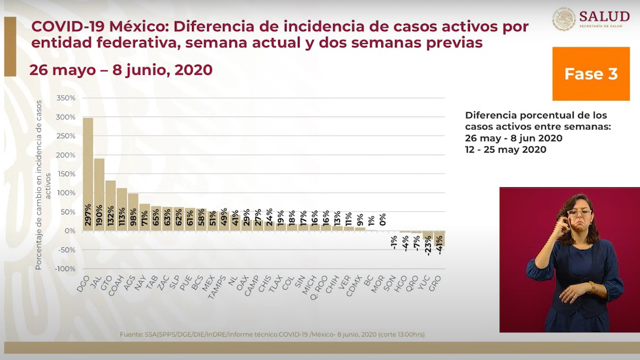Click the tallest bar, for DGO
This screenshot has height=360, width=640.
(x=87, y=172)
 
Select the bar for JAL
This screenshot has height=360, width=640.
(x=99, y=193)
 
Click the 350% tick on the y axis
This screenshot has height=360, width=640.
(x=65, y=98)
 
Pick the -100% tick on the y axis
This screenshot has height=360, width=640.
(x=63, y=268)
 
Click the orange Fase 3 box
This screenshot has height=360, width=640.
(x=590, y=74)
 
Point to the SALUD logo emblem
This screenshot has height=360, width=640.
(x=564, y=19)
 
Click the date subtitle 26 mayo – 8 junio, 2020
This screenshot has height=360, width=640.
(x=120, y=70)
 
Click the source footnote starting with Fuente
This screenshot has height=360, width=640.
(x=273, y=335)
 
